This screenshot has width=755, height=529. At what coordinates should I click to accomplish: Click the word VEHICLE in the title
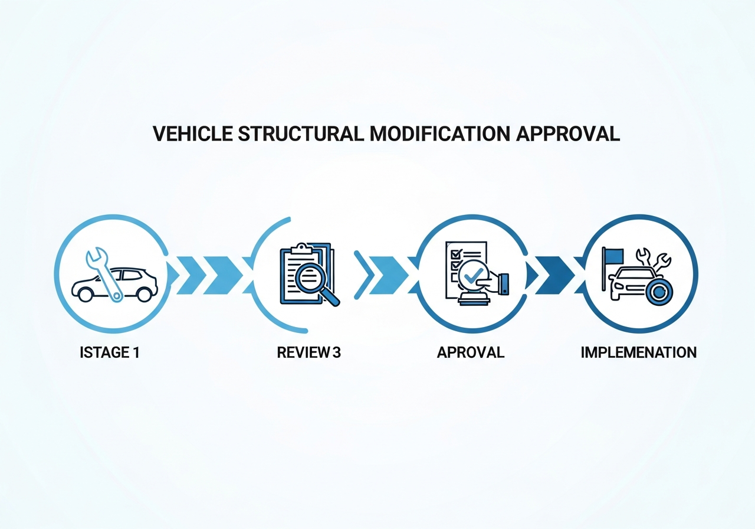tap(192, 133)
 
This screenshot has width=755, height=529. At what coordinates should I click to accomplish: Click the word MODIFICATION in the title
tap(440, 133)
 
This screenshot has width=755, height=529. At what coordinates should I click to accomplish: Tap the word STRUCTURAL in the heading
tap(301, 133)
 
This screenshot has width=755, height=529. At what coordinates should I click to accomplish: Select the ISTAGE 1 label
tap(109, 352)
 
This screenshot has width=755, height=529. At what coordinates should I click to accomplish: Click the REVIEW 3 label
tap(308, 352)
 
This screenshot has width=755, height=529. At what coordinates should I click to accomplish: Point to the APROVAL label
tap(471, 352)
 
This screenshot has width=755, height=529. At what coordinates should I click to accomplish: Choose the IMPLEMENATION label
tap(638, 352)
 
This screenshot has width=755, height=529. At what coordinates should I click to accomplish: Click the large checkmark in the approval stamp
tap(473, 277)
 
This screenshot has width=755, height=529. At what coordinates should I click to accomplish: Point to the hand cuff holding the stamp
tap(504, 284)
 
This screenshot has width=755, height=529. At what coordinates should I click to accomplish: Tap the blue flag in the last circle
tap(614, 255)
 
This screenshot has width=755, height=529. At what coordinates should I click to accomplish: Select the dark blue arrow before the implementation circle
tap(555, 275)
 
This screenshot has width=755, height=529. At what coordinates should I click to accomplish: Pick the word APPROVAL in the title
tap(568, 133)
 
